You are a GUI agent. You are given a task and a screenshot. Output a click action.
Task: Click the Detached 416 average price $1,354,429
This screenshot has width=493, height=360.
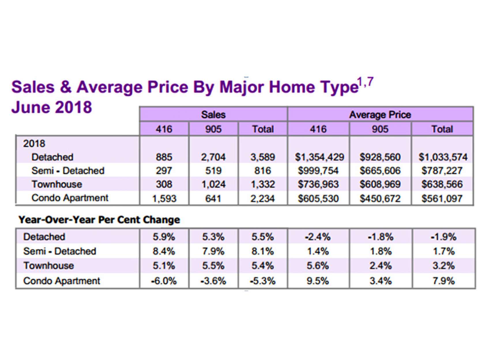click(x=319, y=157)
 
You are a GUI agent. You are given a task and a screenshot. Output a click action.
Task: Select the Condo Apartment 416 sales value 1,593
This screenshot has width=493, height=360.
click(x=164, y=198)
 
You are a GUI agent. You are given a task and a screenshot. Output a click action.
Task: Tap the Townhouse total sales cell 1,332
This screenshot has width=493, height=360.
click(x=263, y=184)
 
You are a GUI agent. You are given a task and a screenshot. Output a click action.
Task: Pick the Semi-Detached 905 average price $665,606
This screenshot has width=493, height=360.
click(x=380, y=171)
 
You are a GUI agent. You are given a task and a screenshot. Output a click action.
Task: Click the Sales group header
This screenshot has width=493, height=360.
click(x=213, y=115)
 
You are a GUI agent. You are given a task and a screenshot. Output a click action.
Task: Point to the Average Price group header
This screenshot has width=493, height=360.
click(x=380, y=115)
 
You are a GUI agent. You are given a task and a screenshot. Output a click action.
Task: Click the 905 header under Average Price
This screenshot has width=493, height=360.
click(x=380, y=129)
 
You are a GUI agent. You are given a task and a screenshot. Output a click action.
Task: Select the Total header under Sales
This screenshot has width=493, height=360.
click(x=263, y=129)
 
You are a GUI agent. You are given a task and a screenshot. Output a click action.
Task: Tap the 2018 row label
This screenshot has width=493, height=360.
click(x=34, y=143)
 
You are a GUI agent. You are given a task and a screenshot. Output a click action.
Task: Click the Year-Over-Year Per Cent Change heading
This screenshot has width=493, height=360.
click(x=99, y=220)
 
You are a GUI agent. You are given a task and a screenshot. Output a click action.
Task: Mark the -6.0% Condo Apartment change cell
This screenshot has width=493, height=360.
click(x=164, y=281)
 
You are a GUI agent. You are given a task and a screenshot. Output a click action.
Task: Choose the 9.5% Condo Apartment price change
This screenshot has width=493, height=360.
click(x=318, y=281)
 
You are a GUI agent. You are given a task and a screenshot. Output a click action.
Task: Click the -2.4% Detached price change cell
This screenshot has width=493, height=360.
click(x=318, y=237)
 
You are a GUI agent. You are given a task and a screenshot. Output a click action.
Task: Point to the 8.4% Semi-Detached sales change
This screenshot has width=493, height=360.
click(x=164, y=251)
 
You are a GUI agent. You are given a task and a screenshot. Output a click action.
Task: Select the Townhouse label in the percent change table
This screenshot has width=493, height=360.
click(x=48, y=266)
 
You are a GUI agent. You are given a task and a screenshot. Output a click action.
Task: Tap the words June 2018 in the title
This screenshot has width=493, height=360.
click(x=52, y=107)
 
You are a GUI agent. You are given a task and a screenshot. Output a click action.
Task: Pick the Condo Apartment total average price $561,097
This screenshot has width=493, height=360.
click(x=442, y=198)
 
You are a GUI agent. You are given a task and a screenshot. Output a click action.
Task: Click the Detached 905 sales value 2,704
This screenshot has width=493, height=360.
click(x=213, y=157)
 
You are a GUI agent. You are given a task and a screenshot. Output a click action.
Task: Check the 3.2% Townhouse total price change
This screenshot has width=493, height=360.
click(x=443, y=266)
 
